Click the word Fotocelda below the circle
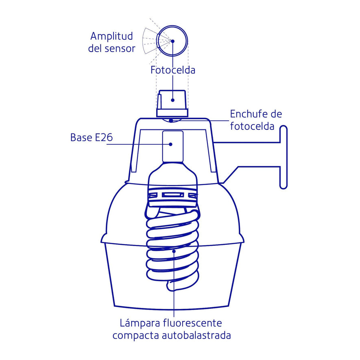coord(173,70)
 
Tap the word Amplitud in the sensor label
coord(111,36)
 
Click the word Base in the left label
coord(81,137)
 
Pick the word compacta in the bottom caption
coord(136,336)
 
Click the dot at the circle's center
coord(173,41)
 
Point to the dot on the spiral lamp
coord(174,251)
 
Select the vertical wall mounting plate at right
coord(284,157)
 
